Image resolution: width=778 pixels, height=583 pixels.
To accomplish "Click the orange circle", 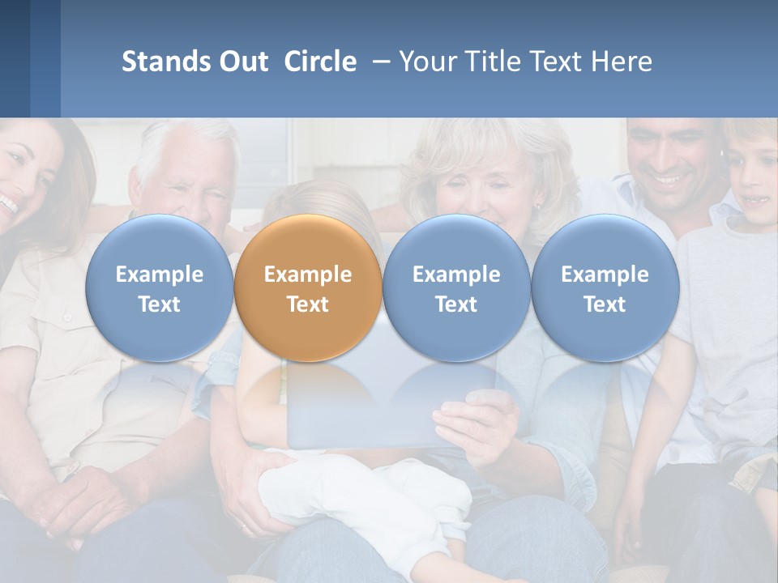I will point(308,287).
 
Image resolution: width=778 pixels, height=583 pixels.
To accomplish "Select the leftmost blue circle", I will point(159,287).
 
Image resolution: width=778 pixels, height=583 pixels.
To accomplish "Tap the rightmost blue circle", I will point(605,287).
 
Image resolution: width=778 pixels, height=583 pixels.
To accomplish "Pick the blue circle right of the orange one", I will point(456,287).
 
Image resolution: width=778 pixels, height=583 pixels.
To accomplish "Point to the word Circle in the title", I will point(320,62).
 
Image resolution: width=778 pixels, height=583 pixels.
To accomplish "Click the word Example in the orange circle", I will point(308,274).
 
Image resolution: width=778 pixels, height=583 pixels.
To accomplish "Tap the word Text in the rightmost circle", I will point(605,304).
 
